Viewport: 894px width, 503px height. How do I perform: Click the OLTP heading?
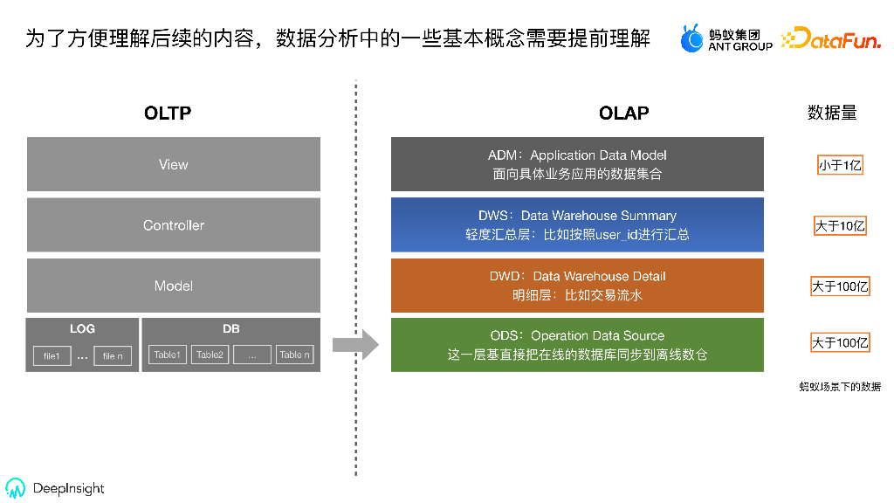click(168, 113)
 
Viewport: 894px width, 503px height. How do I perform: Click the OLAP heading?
click(623, 113)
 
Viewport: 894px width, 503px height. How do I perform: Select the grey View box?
click(173, 164)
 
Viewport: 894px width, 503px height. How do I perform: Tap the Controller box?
click(173, 225)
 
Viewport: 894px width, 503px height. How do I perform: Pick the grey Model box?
click(173, 286)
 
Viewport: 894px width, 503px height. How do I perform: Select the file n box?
click(113, 355)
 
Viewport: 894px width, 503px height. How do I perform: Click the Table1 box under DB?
click(167, 355)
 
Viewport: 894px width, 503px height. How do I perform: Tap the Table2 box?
click(210, 355)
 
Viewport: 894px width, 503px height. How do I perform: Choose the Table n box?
click(294, 355)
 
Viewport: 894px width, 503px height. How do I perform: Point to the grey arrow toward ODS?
click(355, 345)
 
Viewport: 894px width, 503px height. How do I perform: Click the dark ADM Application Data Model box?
click(577, 164)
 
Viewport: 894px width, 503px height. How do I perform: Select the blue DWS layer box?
click(577, 224)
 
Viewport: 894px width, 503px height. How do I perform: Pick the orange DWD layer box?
click(577, 286)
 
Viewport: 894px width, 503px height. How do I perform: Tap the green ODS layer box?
click(577, 345)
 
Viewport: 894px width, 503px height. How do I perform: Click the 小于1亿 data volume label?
click(840, 165)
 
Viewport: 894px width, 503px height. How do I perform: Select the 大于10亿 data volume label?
click(840, 226)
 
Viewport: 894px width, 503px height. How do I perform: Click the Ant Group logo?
click(726, 38)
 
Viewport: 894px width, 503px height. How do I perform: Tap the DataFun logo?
click(830, 38)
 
